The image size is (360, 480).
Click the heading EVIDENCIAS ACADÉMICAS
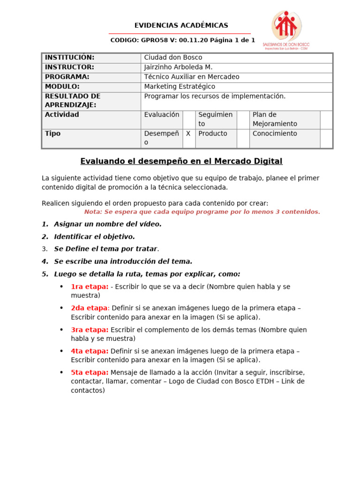(x=181, y=25)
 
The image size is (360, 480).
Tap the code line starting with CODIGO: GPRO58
(x=182, y=40)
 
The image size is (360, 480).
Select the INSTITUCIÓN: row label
(x=69, y=58)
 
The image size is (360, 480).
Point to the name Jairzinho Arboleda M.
(x=178, y=67)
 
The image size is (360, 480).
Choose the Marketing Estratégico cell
(x=180, y=87)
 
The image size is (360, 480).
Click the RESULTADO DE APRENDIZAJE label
(x=73, y=100)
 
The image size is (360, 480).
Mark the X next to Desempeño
(x=188, y=134)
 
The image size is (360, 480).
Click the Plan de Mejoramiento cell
(x=275, y=119)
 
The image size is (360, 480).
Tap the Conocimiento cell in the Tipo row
(x=275, y=134)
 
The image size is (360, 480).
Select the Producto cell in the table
(x=212, y=134)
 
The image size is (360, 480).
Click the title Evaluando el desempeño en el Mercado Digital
(x=181, y=162)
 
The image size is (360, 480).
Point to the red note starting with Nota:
(x=202, y=212)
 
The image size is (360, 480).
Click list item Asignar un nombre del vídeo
(x=107, y=224)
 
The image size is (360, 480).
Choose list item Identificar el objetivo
(x=94, y=237)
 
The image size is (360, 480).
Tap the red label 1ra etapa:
(x=90, y=287)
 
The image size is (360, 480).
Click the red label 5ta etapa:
(x=90, y=373)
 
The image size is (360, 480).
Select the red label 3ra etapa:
(x=90, y=330)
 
